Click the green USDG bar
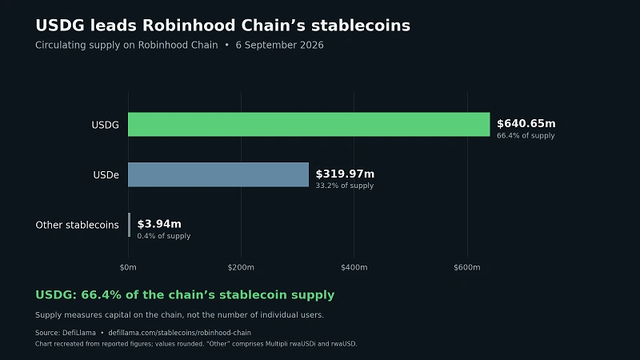click(x=309, y=125)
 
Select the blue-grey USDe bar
click(x=218, y=174)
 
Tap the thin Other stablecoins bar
click(x=130, y=225)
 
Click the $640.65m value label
click(x=526, y=124)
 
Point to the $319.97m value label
click(x=345, y=174)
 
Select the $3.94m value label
click(x=159, y=224)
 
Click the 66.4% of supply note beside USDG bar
click(x=526, y=135)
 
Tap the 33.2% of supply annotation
click(x=345, y=186)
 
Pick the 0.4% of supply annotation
click(x=164, y=236)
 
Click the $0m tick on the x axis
click(x=128, y=267)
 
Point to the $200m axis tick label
click(x=241, y=267)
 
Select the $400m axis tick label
click(x=354, y=267)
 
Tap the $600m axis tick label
click(x=467, y=267)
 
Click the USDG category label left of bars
click(x=106, y=125)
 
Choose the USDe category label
click(x=106, y=175)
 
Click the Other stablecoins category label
click(x=77, y=225)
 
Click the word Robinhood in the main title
click(x=189, y=26)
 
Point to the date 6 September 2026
click(x=279, y=46)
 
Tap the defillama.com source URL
click(x=179, y=333)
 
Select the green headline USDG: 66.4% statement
click(x=185, y=294)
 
